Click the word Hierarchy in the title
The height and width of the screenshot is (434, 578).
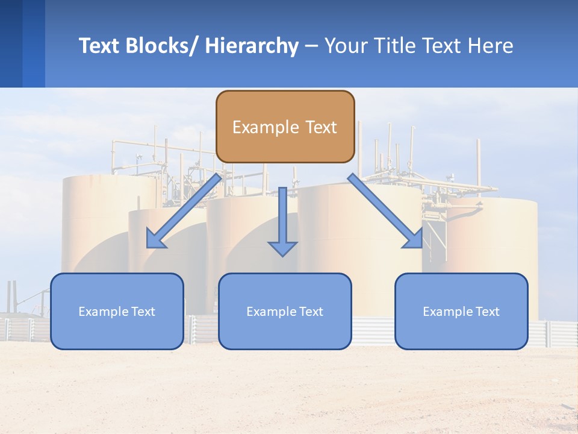tap(252, 46)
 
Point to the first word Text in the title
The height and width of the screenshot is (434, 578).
tap(101, 46)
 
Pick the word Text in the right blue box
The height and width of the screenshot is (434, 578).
tap(487, 312)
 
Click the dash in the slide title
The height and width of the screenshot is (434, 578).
tap(311, 46)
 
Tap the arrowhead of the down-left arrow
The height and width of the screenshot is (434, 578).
tap(157, 239)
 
